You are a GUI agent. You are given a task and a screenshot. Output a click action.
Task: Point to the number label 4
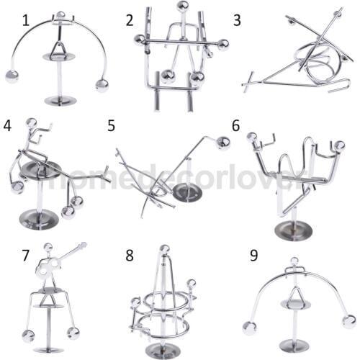tap(9, 125)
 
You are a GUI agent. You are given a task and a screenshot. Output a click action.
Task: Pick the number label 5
tap(112, 125)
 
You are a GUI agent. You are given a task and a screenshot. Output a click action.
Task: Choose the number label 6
tap(235, 125)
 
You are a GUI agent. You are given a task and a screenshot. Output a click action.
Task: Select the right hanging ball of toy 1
tap(102, 85)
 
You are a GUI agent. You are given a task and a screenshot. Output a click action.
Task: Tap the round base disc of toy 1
tap(59, 100)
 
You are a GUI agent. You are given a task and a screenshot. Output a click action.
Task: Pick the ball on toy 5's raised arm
tap(223, 143)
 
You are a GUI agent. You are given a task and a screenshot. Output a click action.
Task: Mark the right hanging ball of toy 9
tap(348, 321)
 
